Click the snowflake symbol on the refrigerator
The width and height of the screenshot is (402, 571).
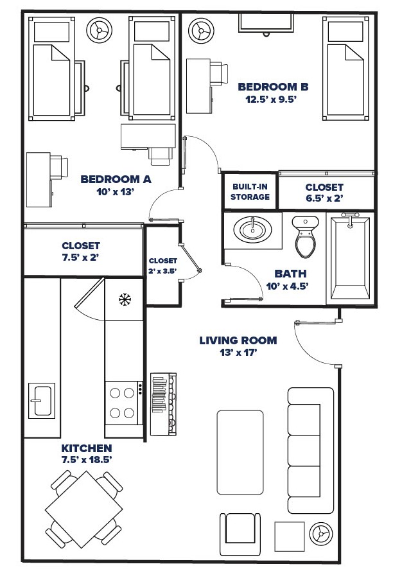(124, 299)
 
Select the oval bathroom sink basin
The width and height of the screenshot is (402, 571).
(251, 229)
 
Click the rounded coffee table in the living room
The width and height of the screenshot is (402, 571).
(240, 453)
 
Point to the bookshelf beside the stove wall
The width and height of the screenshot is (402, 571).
(162, 403)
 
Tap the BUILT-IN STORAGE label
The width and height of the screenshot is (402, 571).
(250, 191)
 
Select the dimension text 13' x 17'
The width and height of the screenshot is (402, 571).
(238, 353)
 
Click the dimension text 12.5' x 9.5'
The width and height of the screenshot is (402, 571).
(273, 100)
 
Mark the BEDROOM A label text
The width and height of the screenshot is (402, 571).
(116, 180)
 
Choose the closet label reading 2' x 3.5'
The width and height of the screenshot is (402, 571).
(162, 272)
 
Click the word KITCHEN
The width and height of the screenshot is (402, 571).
(87, 448)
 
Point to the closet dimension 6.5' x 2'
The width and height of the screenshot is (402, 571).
(324, 198)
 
